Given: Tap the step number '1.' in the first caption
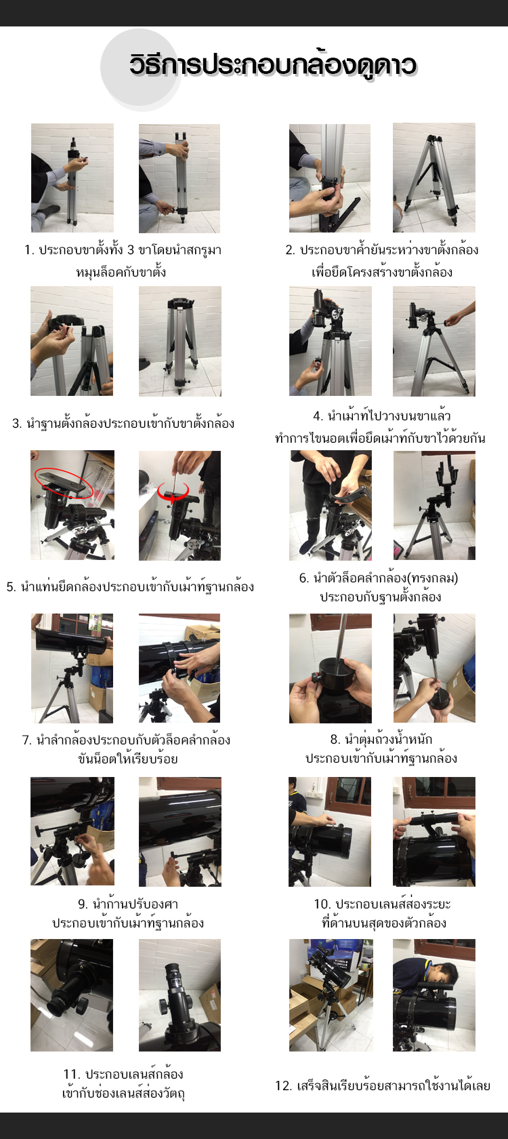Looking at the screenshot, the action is tap(29, 250).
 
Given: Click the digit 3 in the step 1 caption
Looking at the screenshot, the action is tap(131, 250).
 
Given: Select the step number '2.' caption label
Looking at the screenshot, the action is tap(290, 250).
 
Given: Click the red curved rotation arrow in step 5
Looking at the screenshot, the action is tap(173, 493).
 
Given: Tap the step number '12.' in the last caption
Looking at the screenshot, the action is tap(283, 1086).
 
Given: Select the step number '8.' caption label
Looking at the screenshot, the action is tap(335, 739).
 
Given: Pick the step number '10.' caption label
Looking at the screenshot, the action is tap(322, 904).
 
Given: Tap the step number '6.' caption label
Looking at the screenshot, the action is tap(303, 578).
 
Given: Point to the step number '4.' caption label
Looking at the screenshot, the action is tap(318, 416).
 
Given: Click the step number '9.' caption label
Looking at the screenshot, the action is tap(83, 904).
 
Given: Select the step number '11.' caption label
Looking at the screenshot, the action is tap(72, 1074).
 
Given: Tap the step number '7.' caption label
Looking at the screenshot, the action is tap(27, 740).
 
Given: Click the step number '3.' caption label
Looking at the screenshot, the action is tap(18, 423).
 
